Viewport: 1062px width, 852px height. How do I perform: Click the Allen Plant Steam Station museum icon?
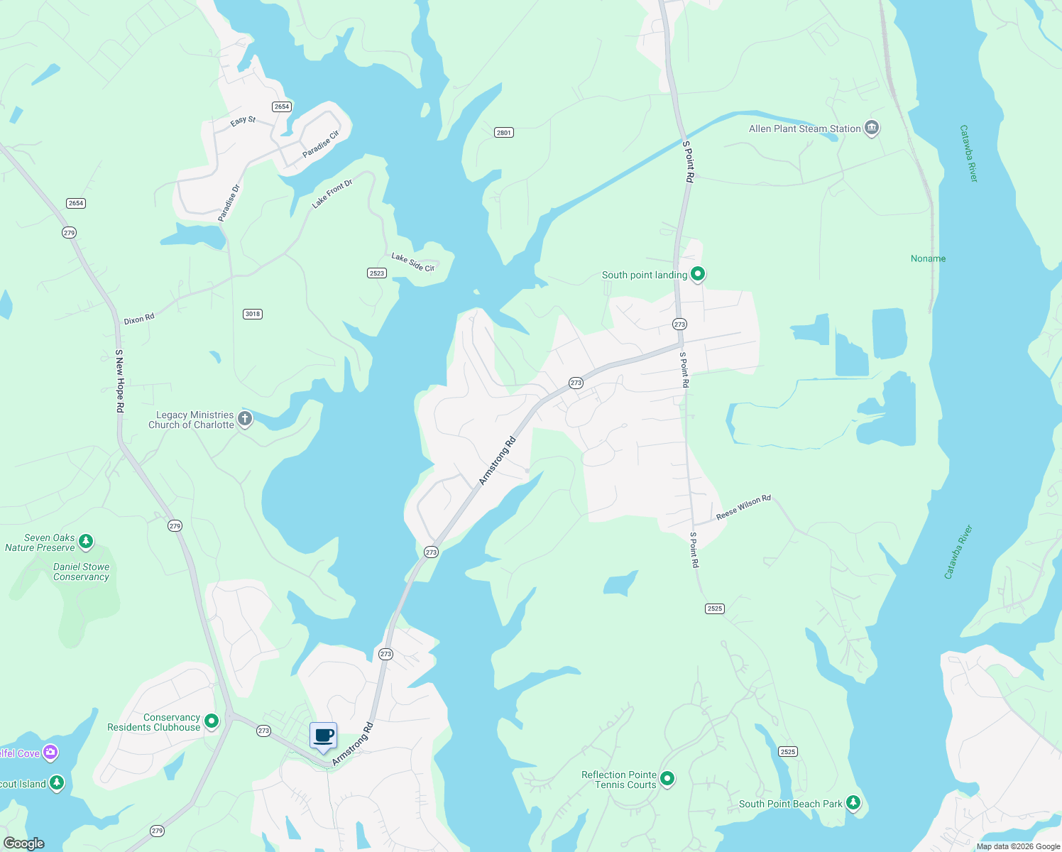[x=872, y=128]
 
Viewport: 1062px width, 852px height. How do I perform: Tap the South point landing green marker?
[x=698, y=273]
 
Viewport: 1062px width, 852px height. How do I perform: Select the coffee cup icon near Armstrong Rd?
[x=324, y=736]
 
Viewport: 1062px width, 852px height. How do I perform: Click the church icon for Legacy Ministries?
[x=245, y=418]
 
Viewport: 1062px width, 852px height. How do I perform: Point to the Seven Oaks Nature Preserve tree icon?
[x=86, y=542]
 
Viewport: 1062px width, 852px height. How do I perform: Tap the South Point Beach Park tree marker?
[x=853, y=803]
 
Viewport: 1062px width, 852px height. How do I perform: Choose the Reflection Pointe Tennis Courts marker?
[x=667, y=778]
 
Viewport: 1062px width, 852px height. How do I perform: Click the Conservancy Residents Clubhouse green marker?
[x=212, y=721]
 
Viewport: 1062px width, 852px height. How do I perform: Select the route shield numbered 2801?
[x=503, y=133]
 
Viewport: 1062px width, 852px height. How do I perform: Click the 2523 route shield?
[x=377, y=273]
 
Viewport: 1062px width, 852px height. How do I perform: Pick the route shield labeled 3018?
[x=252, y=314]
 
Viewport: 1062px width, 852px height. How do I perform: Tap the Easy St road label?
[x=243, y=121]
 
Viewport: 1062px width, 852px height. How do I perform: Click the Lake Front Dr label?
[x=332, y=194]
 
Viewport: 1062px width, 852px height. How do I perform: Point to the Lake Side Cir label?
[x=413, y=262]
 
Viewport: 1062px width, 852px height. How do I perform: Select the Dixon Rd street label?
[x=139, y=319]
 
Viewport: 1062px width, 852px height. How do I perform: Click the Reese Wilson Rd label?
[x=743, y=508]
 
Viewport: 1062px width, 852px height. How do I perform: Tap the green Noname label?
[x=928, y=258]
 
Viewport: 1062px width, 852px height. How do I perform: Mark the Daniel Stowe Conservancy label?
[x=82, y=572]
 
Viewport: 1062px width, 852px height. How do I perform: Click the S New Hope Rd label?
[x=120, y=381]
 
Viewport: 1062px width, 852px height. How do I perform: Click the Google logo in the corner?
[x=24, y=843]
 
